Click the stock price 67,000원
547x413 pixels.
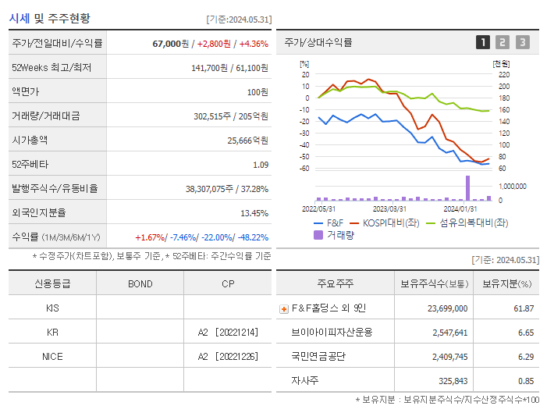[170, 44]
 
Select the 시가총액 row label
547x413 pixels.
[30, 141]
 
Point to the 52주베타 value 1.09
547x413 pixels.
[261, 165]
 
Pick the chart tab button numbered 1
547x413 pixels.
[483, 42]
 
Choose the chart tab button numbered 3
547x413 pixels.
[522, 42]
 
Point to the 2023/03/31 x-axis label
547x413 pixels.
[389, 208]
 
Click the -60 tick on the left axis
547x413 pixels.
[305, 169]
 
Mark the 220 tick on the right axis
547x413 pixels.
[503, 75]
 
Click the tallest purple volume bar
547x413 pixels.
[468, 188]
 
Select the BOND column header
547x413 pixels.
[140, 283]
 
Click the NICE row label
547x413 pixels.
[52, 356]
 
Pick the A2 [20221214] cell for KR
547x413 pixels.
[227, 332]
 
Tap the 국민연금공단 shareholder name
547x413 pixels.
[319, 356]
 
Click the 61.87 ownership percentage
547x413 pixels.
[524, 308]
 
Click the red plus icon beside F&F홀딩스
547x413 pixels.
[284, 309]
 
